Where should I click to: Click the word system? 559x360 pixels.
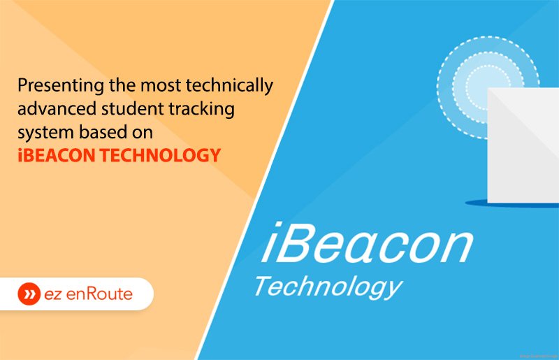[x=41, y=133]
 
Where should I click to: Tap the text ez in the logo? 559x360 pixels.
[x=52, y=294]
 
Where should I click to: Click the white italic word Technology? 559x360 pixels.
[x=328, y=285]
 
